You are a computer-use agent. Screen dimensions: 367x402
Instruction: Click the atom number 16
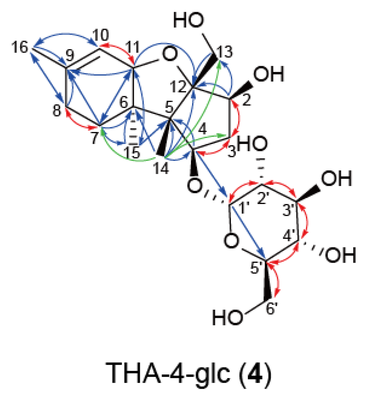point(20,47)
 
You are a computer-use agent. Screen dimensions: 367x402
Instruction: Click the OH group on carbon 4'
point(341,255)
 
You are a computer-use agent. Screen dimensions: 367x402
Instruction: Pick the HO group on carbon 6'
point(228,318)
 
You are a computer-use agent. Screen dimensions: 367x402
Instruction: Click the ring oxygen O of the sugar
point(232,241)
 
